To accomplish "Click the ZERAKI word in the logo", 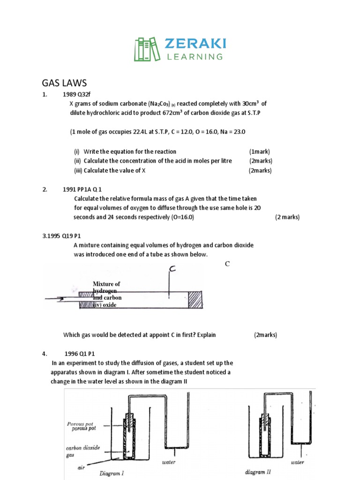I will point(195,44).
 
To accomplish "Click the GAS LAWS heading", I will point(64,83).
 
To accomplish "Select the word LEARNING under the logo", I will point(195,57).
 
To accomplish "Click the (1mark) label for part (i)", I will point(260,151).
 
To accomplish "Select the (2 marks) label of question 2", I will point(287,217).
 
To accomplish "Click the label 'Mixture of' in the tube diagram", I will point(106,284).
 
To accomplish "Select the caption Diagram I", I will point(112,473).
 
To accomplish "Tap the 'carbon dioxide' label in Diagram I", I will point(82,448).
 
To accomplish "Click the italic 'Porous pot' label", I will point(80,423).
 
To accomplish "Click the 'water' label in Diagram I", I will point(169,462).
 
